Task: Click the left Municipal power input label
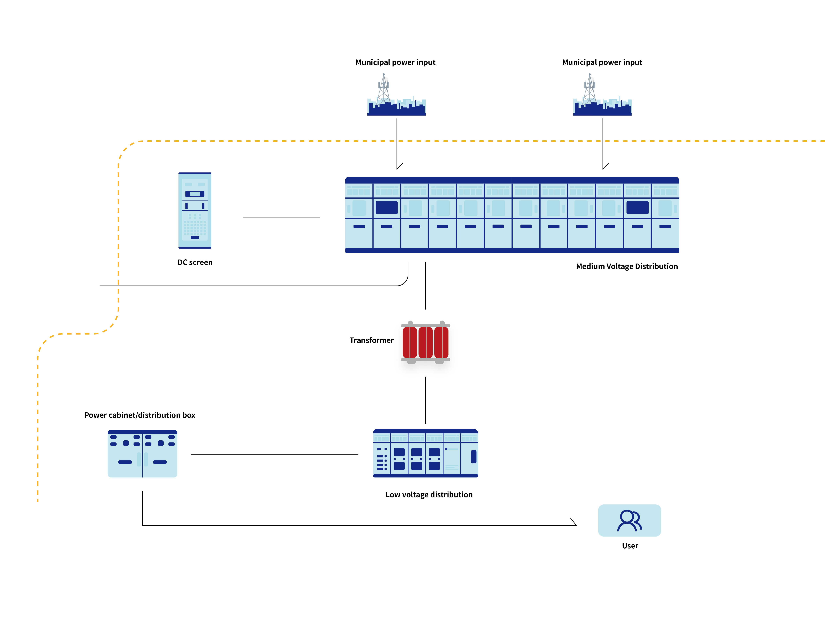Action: [395, 62]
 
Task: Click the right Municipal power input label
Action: [602, 62]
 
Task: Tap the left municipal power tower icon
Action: [396, 95]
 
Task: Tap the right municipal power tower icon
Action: [602, 95]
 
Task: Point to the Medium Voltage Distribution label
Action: [627, 266]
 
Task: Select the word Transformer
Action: [371, 340]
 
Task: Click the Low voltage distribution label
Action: [429, 495]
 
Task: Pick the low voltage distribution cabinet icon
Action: [425, 453]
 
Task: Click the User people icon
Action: [630, 521]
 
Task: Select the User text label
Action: [630, 546]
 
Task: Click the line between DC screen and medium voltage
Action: [281, 218]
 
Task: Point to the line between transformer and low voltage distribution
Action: [425, 400]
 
